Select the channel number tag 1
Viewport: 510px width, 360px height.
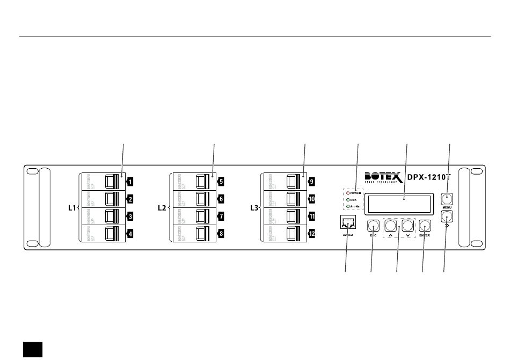(129, 182)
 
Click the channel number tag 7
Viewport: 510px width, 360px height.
(220, 217)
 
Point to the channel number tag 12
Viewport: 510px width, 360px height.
(311, 234)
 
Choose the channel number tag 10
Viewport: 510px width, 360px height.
(311, 199)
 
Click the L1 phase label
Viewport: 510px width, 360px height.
(72, 207)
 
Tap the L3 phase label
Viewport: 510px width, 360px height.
(254, 207)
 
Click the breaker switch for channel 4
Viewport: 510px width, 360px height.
(112, 234)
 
